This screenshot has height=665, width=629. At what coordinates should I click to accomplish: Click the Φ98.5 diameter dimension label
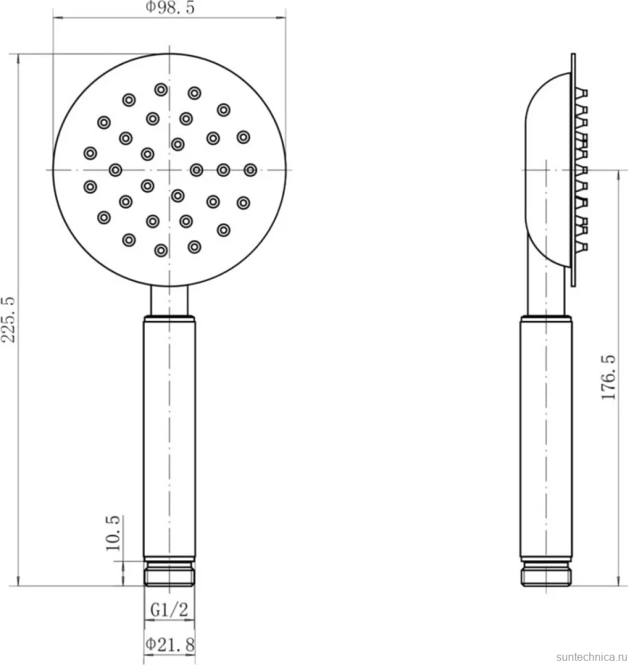click(170, 8)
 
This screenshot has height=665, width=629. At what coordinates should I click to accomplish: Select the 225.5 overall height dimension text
click(9, 319)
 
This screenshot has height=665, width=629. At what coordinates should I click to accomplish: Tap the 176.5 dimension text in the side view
click(608, 377)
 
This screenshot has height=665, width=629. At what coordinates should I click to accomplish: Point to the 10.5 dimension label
click(113, 533)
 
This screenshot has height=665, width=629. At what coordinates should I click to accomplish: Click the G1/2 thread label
click(169, 609)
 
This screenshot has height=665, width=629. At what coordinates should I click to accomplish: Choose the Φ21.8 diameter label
click(170, 644)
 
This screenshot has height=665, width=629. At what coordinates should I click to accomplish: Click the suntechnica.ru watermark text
click(592, 657)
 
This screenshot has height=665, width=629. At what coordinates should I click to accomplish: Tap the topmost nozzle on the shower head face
click(161, 90)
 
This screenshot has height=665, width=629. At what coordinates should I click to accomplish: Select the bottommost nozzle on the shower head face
click(161, 250)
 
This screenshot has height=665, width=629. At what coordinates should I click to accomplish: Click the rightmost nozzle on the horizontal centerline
click(250, 170)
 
